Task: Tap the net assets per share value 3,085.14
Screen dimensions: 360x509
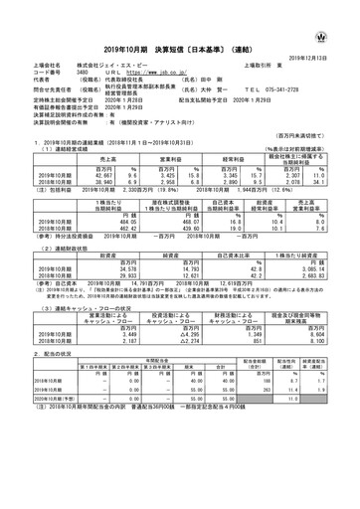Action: tap(322, 241)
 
